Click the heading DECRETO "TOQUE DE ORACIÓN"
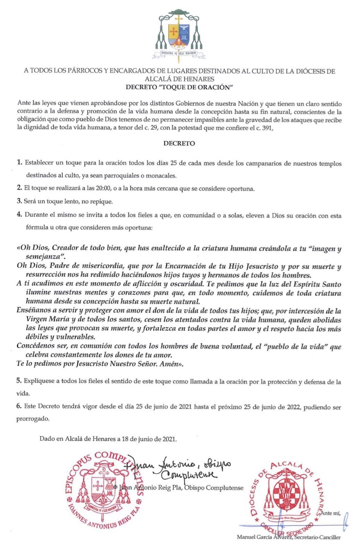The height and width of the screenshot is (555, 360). tap(179, 87)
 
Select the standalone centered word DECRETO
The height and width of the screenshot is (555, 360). tap(179, 143)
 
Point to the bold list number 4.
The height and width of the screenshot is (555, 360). tap(20, 215)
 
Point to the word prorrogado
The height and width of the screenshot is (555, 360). tap(33, 419)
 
